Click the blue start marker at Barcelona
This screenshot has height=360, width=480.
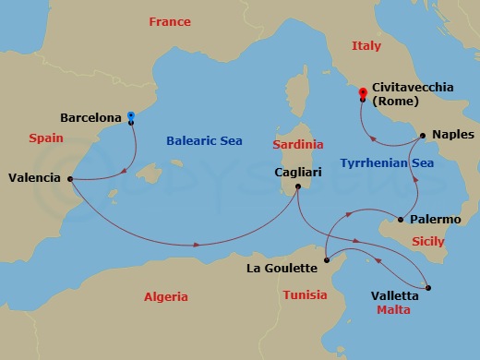coord(130,116)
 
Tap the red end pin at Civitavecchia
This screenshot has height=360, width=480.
coord(363,92)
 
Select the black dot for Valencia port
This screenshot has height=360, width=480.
coord(70,179)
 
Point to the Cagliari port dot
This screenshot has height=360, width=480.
coord(297,187)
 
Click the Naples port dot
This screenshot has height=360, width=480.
coord(422,136)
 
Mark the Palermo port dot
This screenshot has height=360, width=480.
coord(400,220)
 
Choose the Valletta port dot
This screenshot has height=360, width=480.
coord(427,288)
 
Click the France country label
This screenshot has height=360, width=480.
coord(169,21)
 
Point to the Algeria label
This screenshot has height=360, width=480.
coord(166,296)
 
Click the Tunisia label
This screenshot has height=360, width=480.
coord(306,295)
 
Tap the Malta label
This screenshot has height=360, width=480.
coord(393,310)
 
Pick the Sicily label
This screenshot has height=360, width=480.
coord(427,240)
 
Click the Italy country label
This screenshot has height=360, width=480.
coord(366,45)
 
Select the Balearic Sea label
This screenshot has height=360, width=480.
coord(204,141)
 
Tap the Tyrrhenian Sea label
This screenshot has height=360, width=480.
coord(387,162)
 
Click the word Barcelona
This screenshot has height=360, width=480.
coord(90,118)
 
